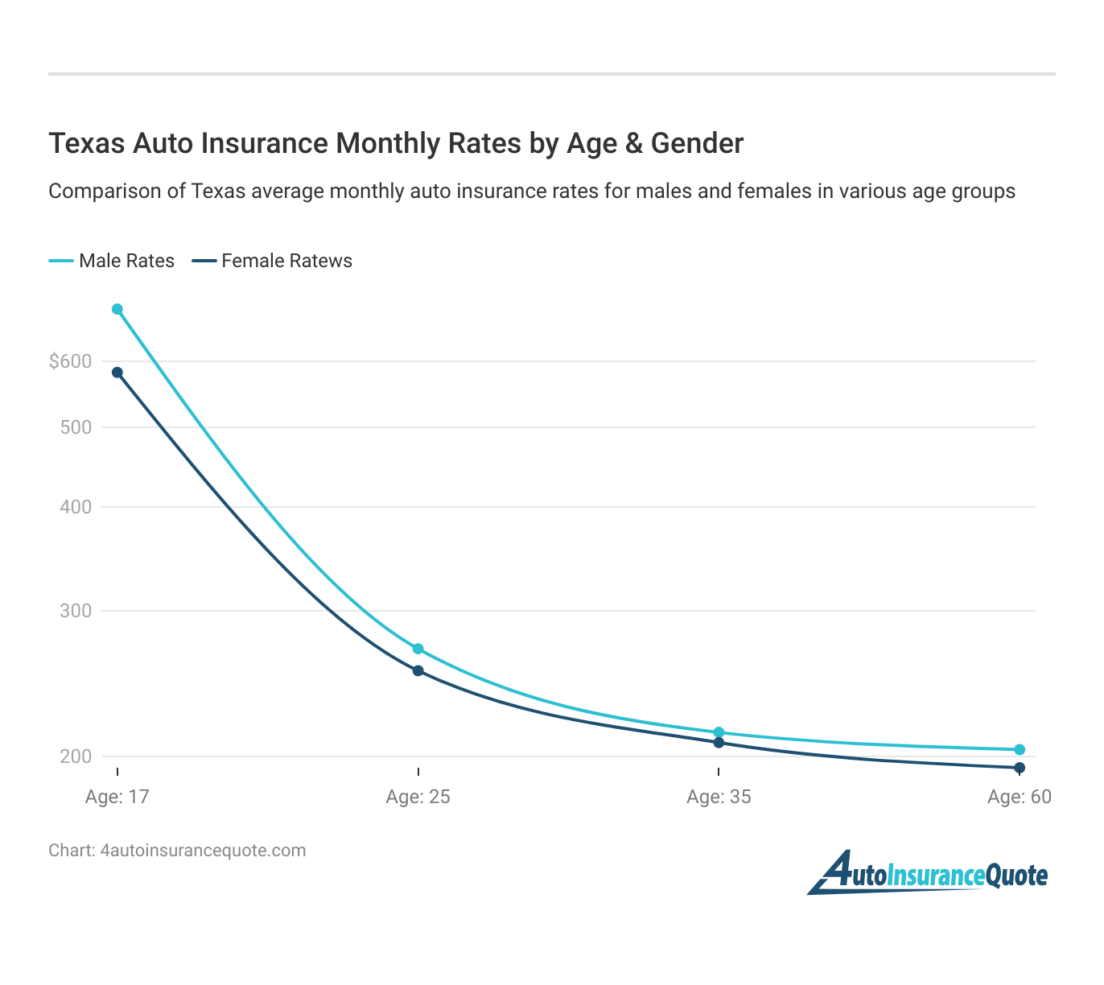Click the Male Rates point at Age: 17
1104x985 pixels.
pos(117,309)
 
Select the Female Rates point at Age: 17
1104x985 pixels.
pos(117,373)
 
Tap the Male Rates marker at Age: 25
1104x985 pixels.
pos(418,649)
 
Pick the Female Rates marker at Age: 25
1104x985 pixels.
pos(418,670)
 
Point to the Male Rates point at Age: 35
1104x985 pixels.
pos(719,732)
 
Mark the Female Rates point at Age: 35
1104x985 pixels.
pos(719,742)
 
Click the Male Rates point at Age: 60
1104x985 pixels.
pos(1020,750)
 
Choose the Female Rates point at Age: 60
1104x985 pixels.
pos(1020,768)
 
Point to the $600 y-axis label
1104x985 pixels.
pos(70,361)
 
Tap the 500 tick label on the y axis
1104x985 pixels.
pos(76,427)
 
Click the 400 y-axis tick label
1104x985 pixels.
pos(76,507)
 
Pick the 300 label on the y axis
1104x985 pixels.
pos(76,611)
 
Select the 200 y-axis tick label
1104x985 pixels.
pos(76,756)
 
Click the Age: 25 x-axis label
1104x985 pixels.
pos(418,797)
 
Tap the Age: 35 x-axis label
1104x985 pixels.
pos(719,797)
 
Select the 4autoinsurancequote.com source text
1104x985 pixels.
pos(204,851)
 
